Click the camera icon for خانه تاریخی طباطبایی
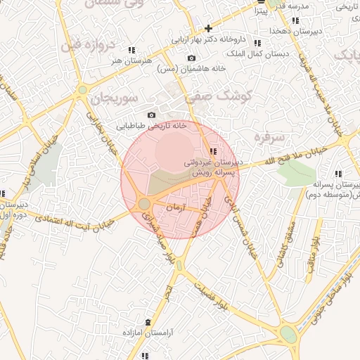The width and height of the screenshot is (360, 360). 151,115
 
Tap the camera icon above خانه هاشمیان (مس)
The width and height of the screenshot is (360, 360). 192,58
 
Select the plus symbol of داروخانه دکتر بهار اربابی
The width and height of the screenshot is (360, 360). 208,29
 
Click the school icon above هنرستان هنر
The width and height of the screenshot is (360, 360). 131,50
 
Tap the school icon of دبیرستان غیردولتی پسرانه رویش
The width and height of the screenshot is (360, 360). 214,150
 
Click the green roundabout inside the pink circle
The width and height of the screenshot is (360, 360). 143,204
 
